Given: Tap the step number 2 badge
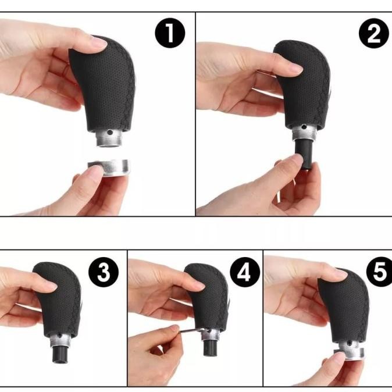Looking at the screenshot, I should point(374,35).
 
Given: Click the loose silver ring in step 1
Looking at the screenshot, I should point(109,169).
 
